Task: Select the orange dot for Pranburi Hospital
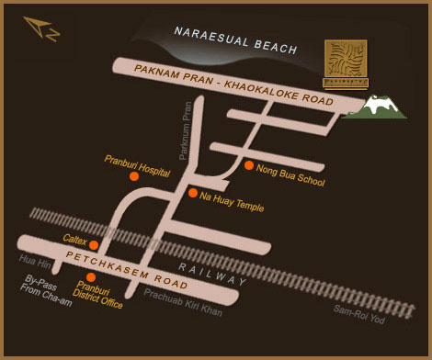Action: point(134,174)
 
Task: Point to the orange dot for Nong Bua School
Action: point(249,165)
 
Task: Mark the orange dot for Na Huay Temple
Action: point(192,193)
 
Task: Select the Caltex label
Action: point(74,238)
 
